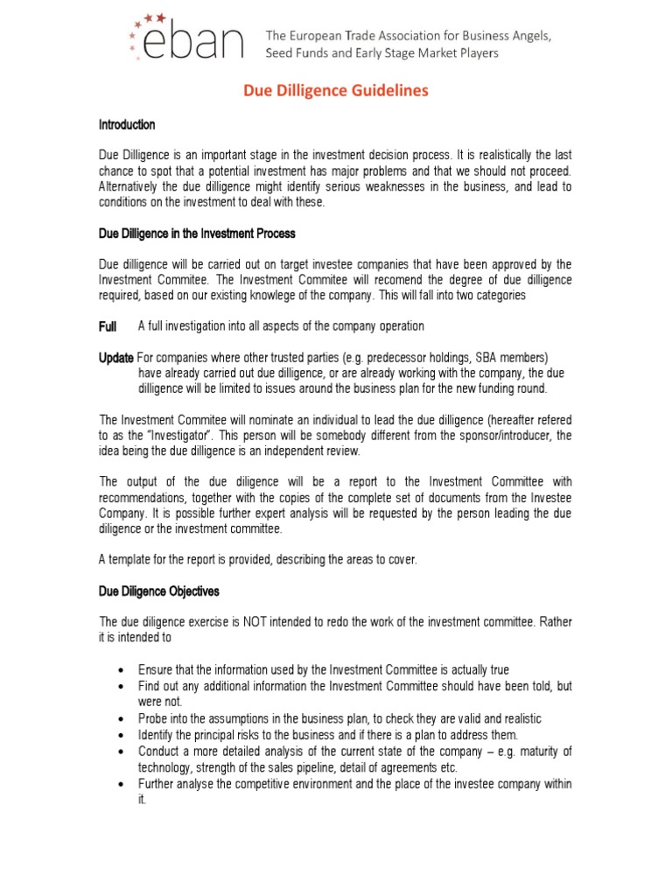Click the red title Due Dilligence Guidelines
[x=336, y=91]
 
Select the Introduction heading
[x=127, y=125]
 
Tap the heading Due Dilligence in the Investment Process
[x=197, y=234]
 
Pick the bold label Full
[x=108, y=326]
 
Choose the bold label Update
[x=116, y=358]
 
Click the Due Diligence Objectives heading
[x=158, y=591]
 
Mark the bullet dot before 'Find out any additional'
[x=119, y=686]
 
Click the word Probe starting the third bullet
[x=153, y=717]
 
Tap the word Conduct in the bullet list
[x=159, y=751]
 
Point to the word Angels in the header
[x=528, y=36]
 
